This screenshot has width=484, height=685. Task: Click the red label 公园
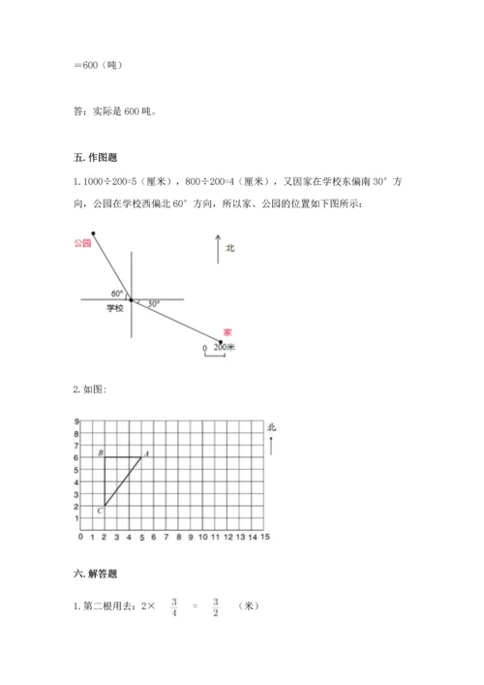pyautogui.click(x=82, y=244)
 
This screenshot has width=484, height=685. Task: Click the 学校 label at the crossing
pyautogui.click(x=115, y=308)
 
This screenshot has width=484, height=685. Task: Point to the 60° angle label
pyautogui.click(x=117, y=293)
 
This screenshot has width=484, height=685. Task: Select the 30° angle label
pyautogui.click(x=153, y=304)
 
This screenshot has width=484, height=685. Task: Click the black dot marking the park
pyautogui.click(x=93, y=233)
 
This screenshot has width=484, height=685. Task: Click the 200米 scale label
pyautogui.click(x=225, y=346)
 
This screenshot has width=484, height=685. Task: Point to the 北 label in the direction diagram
pyautogui.click(x=230, y=248)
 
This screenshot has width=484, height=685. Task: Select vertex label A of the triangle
pyautogui.click(x=146, y=452)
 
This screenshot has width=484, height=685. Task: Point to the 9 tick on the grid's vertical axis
pyautogui.click(x=76, y=421)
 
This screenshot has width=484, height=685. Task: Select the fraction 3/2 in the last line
pyautogui.click(x=218, y=607)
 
